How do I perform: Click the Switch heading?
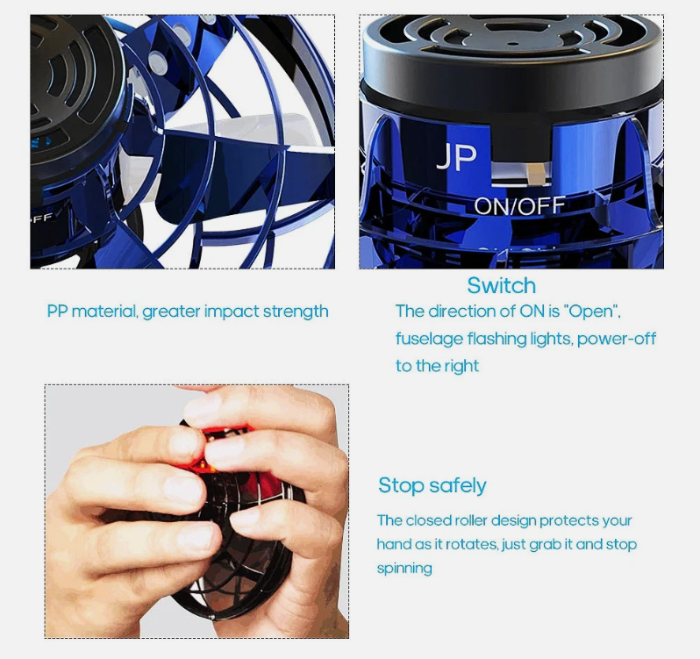click(501, 285)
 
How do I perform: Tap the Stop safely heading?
click(432, 485)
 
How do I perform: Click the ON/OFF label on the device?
click(520, 205)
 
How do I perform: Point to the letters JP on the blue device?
click(456, 158)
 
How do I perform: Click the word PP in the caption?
click(57, 312)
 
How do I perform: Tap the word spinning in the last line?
click(404, 568)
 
